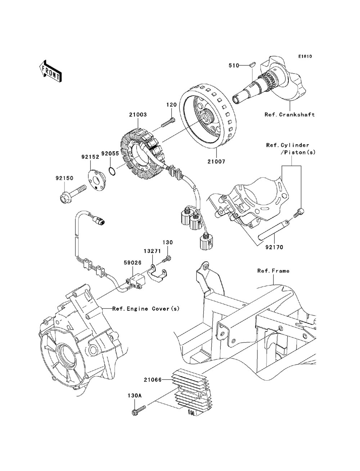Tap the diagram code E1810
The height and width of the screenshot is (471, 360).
point(305,56)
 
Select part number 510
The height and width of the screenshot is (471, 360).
point(234,65)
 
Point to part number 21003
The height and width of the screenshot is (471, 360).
point(138,114)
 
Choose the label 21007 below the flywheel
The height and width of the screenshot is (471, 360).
point(216,161)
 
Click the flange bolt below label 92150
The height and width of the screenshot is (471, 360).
point(72,195)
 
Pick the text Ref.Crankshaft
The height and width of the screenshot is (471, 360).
point(289,114)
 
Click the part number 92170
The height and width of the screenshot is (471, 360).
point(274,247)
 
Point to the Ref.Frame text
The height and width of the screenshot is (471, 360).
point(273,271)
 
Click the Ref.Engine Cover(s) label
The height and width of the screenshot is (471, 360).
point(146,309)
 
